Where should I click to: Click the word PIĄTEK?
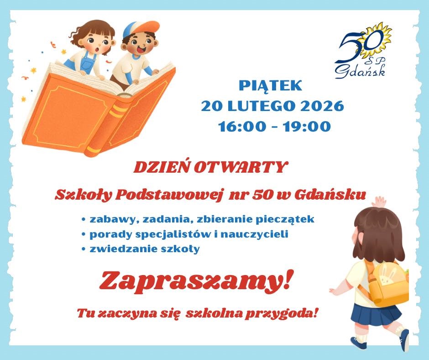pyautogui.click(x=270, y=85)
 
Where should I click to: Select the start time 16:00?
pyautogui.click(x=242, y=127)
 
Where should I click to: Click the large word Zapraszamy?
pyautogui.click(x=194, y=282)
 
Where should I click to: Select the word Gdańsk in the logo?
pyautogui.click(x=361, y=71)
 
